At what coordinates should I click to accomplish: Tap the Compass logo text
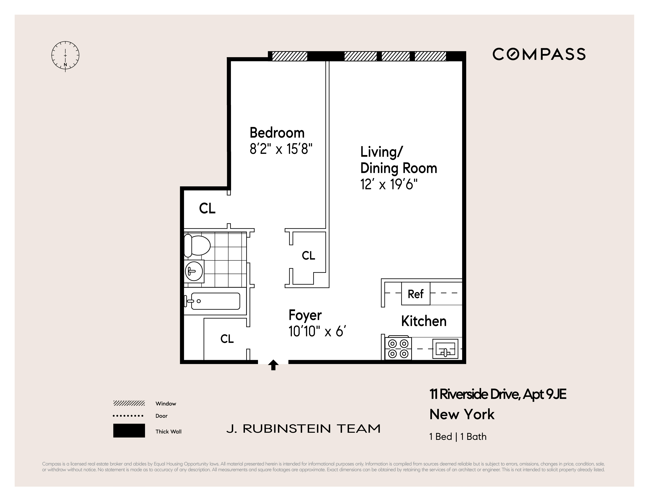[x=539, y=54]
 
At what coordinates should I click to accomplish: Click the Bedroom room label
[x=277, y=133]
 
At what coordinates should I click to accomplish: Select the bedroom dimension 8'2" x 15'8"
[x=281, y=149]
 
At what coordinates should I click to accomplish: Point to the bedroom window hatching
[x=289, y=56]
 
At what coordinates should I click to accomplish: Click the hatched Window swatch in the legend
[x=129, y=403]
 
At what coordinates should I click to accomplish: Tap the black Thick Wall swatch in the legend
[x=129, y=431]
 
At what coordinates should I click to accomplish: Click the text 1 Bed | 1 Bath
[x=458, y=437]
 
